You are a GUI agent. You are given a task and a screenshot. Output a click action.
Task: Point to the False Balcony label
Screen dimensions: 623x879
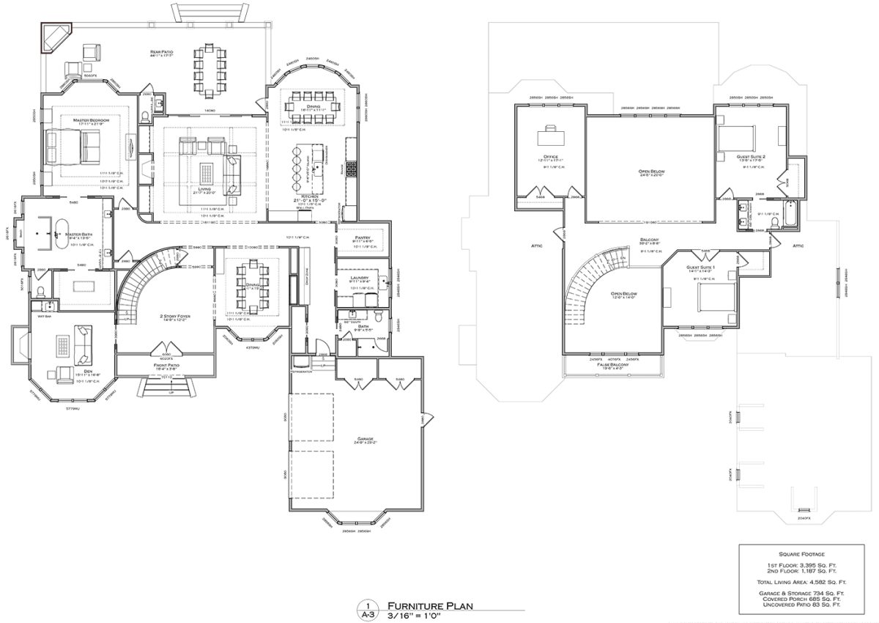pos(611,364)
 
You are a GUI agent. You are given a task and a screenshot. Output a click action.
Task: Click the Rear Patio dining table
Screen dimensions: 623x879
pos(210,71)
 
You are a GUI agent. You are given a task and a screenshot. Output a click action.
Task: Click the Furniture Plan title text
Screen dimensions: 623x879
pos(430,605)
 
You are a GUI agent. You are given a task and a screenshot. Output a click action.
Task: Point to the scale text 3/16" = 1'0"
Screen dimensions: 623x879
pos(423,616)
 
